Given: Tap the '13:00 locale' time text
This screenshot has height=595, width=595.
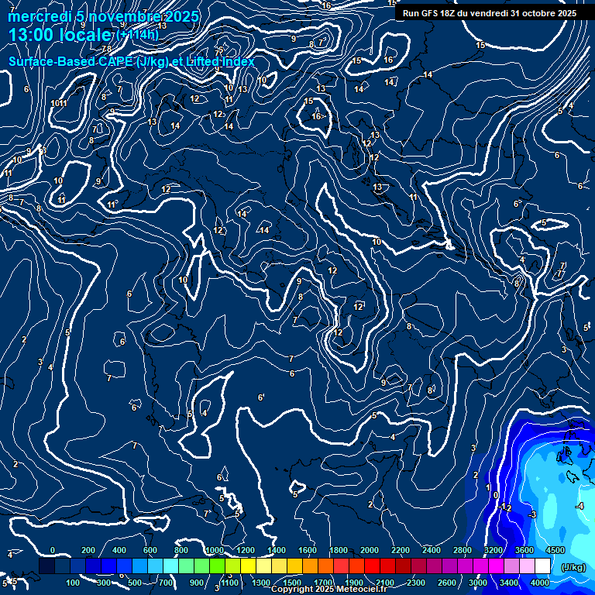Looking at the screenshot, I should click(x=59, y=34).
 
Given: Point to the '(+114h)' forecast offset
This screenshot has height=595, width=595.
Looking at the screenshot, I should click(x=138, y=35).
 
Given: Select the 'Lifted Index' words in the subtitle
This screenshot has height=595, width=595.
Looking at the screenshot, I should click(x=218, y=61).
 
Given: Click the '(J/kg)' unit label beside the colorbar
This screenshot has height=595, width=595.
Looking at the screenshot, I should click(x=573, y=568).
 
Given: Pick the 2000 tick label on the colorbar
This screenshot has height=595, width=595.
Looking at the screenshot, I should click(x=370, y=550).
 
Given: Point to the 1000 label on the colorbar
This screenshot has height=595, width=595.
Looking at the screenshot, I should click(x=215, y=550).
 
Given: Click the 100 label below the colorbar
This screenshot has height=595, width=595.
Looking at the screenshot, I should click(x=73, y=583).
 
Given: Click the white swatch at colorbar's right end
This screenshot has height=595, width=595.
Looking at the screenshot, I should click(x=542, y=566).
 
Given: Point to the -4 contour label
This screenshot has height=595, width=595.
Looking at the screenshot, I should click(x=580, y=506).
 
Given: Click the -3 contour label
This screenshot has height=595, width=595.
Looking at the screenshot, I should click(x=532, y=515).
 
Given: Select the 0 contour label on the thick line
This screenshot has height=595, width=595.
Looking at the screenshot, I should click(x=496, y=494).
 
